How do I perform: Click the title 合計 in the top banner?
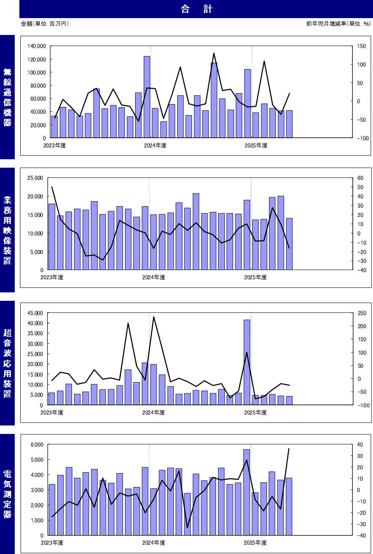click(x=196, y=9)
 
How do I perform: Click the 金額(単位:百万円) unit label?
click(x=45, y=24)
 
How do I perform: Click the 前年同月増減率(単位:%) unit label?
click(x=339, y=24)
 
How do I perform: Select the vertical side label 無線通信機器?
click(x=8, y=97)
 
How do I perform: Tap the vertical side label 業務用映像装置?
click(x=8, y=230)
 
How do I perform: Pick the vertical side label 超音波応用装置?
click(x=8, y=363)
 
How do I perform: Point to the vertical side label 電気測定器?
click(x=8, y=494)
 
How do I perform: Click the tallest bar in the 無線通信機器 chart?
click(x=147, y=97)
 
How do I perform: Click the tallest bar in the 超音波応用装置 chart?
click(x=247, y=362)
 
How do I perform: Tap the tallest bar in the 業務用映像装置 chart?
click(x=196, y=232)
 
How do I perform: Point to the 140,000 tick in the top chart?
click(x=37, y=46)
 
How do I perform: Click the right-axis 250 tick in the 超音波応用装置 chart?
click(x=356, y=313)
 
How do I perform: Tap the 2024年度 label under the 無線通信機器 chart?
click(x=155, y=146)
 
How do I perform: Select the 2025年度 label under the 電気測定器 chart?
click(x=255, y=543)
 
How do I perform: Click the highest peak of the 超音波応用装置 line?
click(x=154, y=317)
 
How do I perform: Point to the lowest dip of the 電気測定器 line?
click(x=187, y=527)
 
